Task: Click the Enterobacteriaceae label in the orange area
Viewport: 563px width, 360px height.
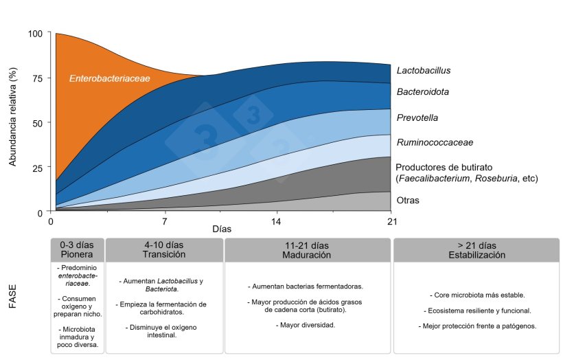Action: tap(110, 78)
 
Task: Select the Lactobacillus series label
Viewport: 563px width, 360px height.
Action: tap(424, 70)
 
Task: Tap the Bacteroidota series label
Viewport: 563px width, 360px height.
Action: tap(423, 91)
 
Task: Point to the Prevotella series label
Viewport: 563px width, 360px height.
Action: tap(417, 117)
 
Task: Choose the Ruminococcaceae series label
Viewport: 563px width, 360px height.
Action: tap(435, 142)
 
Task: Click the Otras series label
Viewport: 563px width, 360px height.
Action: tap(408, 200)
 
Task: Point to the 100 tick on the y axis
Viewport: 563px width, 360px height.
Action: tap(35, 34)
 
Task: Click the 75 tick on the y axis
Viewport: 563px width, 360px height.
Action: tap(37, 78)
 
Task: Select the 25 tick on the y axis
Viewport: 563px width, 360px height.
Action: tap(37, 168)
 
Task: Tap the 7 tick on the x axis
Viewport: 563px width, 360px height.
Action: tap(165, 221)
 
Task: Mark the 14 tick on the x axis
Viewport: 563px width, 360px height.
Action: tap(276, 221)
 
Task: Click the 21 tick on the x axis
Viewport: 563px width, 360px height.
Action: tap(392, 221)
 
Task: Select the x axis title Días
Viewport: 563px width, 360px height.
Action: tap(222, 229)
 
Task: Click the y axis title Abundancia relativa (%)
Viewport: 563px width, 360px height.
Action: tap(12, 117)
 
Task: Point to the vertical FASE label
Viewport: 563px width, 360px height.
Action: tap(12, 296)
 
